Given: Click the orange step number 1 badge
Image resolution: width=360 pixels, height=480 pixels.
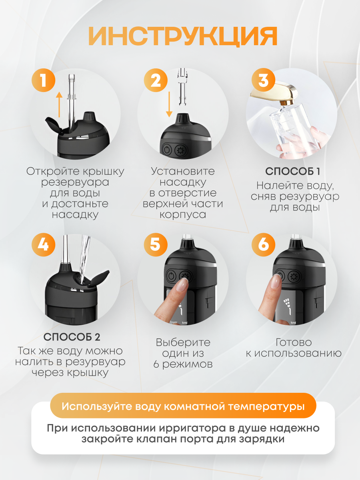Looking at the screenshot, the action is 44,80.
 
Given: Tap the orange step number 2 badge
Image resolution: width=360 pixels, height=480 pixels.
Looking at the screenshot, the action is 156,80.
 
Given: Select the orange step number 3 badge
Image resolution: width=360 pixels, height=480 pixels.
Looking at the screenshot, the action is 263,80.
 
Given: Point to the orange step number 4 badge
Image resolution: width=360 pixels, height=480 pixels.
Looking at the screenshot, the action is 44,245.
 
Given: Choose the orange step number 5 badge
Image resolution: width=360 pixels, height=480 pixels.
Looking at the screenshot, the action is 156,245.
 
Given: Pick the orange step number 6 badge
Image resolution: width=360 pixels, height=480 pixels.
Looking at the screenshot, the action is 263,245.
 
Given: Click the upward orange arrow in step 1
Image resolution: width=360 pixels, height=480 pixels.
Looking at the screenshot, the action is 59,104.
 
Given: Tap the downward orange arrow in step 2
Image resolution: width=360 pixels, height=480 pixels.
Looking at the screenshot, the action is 169,104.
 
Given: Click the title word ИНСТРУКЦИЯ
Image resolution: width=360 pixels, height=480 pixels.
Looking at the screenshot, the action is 183,36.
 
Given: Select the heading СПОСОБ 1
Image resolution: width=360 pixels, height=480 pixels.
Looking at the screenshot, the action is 293,171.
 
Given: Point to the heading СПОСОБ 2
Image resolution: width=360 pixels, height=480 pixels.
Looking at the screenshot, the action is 72,337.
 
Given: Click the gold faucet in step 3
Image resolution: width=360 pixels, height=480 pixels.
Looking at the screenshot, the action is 274,93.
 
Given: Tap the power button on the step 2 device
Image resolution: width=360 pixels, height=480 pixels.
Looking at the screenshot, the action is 167,150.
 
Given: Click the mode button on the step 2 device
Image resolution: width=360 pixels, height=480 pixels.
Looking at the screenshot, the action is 180,150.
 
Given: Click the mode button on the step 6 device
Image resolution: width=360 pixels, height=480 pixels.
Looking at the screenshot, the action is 294,277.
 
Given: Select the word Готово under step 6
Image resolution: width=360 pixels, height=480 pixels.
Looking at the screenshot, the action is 294,342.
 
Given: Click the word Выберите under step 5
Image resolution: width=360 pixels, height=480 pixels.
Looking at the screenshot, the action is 183,343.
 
